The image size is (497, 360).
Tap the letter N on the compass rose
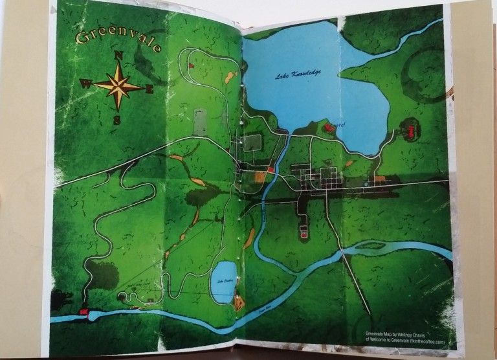click(x=118, y=56)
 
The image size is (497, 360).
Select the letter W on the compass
click(x=85, y=83)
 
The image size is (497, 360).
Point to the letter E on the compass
click(x=149, y=89)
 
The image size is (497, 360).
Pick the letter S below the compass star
click(x=116, y=119)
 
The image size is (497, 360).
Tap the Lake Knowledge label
click(x=298, y=75)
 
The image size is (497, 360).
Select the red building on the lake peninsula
click(x=329, y=128)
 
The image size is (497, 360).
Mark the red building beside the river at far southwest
click(x=83, y=311)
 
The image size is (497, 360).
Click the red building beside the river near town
click(x=271, y=170)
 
